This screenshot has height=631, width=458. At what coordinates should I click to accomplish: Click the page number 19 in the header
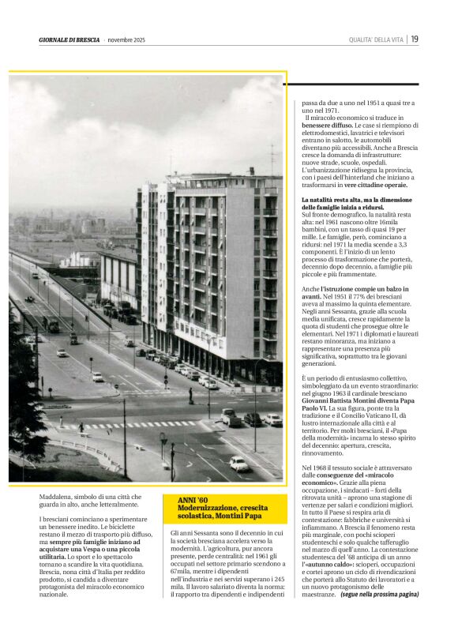click(x=415, y=39)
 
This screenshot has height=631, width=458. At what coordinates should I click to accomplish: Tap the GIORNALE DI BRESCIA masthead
click(x=69, y=40)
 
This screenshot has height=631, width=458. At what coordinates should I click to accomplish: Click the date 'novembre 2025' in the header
click(x=127, y=40)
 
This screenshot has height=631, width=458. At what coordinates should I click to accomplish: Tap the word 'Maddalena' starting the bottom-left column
click(x=58, y=497)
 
